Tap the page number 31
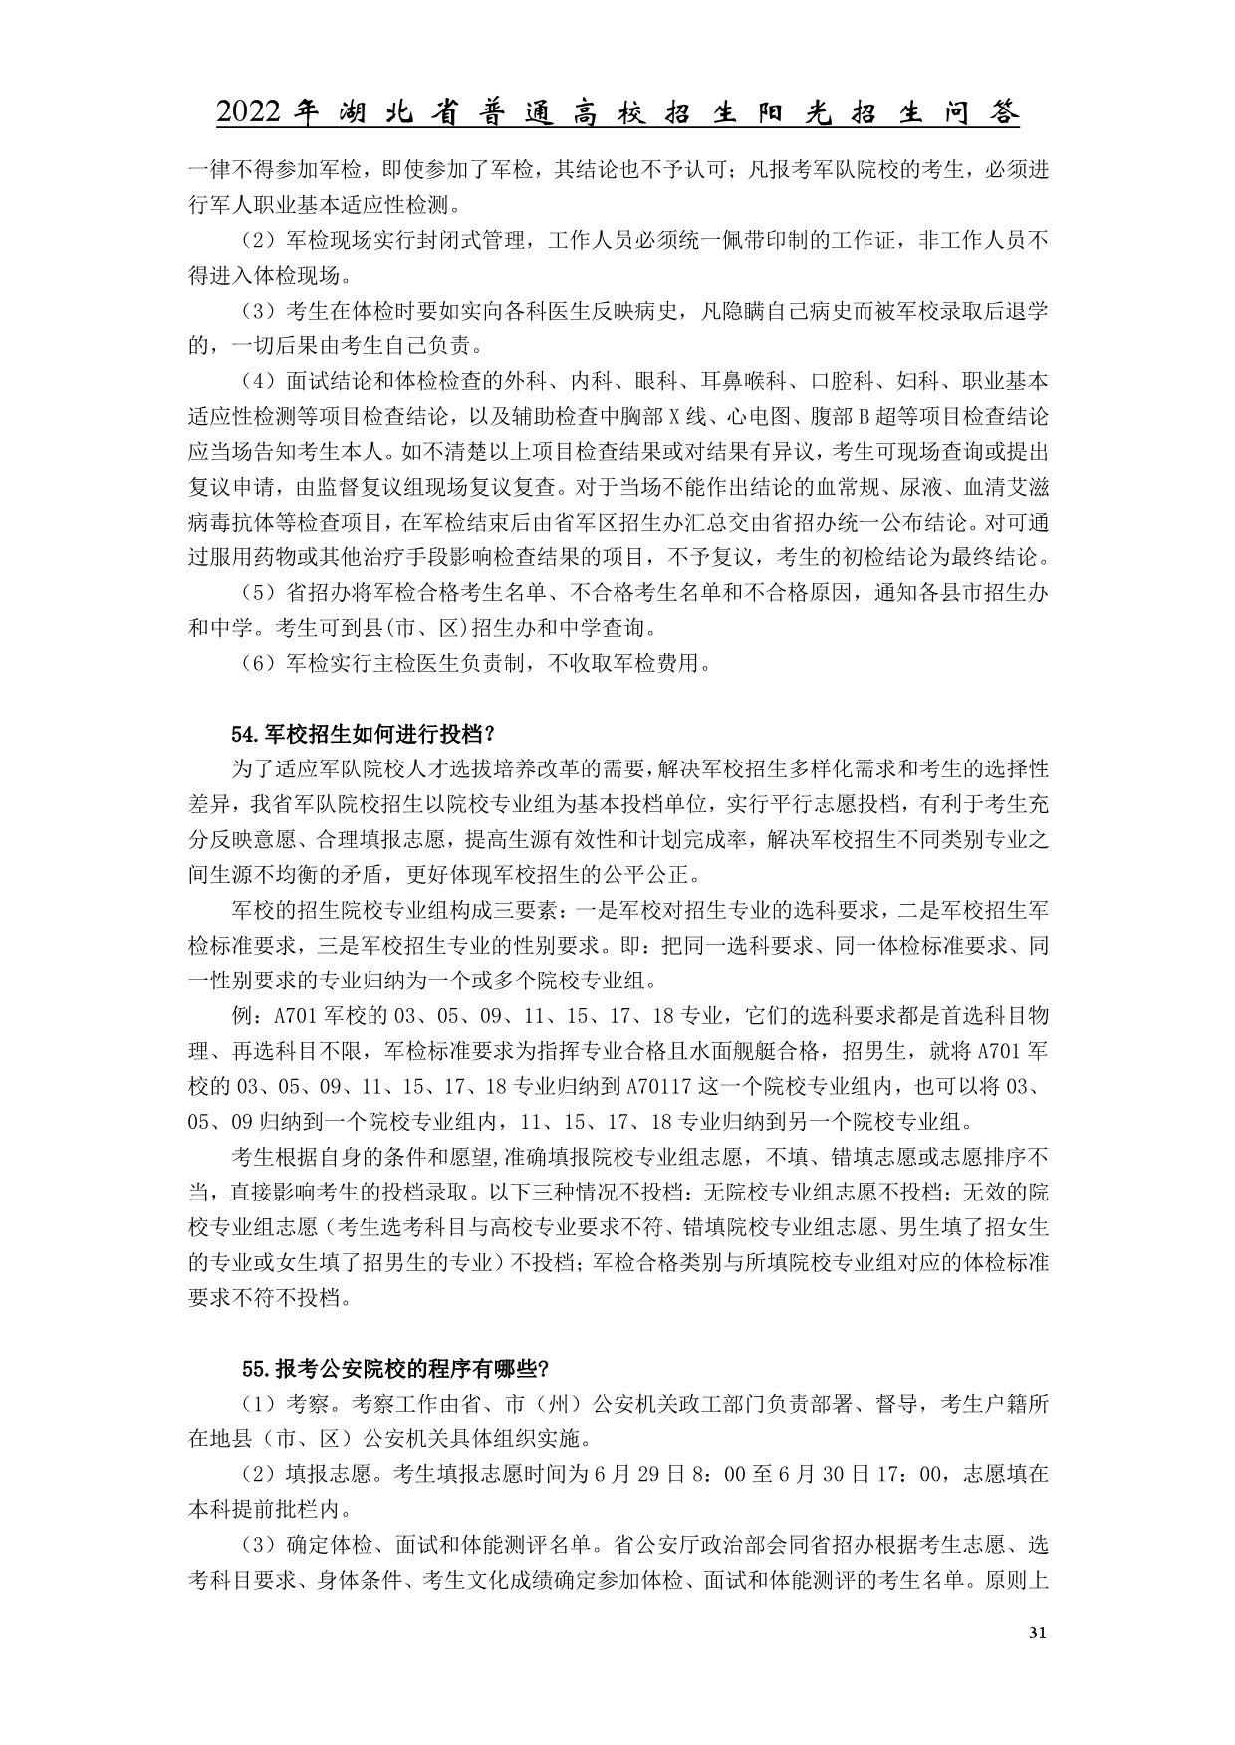click(x=1037, y=1632)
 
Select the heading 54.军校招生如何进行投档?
click(x=363, y=735)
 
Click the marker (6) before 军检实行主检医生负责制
click(x=258, y=662)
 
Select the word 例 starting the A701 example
click(x=240, y=1018)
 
